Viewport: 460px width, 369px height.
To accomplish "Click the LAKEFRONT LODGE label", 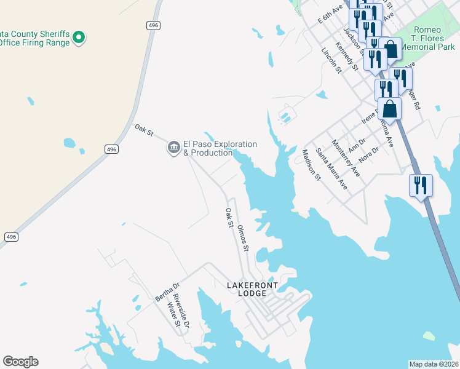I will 255,289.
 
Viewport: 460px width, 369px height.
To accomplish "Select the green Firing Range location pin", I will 78,38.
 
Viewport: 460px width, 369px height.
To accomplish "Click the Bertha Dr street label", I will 167,292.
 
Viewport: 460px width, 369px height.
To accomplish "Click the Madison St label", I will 312,165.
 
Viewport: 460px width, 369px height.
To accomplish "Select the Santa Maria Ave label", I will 331,169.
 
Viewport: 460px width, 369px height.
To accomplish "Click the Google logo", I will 20,362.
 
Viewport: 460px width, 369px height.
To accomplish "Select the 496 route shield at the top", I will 153,25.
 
